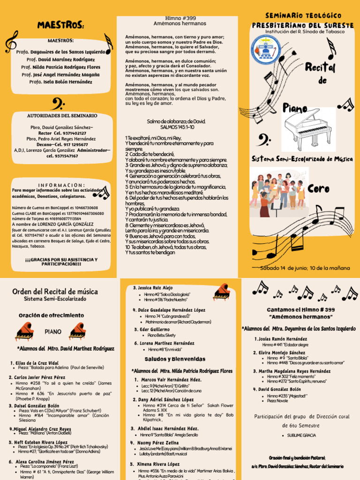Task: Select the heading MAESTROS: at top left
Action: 60,24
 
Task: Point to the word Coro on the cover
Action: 319,189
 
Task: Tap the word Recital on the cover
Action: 320,68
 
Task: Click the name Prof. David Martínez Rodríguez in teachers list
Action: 60,60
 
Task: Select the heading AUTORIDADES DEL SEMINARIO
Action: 62,115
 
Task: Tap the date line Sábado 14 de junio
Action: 305,268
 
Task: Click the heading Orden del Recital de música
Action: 55,292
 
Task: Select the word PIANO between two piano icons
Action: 53,331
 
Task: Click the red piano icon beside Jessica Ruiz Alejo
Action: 221,292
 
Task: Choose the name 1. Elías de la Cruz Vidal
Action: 36,363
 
